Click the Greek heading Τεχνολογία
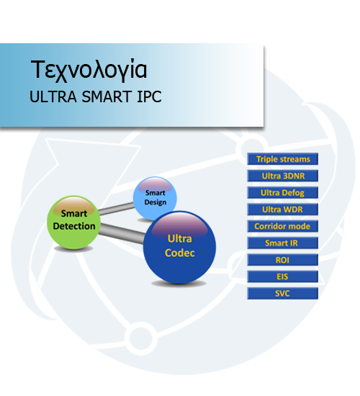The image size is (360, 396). click(89, 70)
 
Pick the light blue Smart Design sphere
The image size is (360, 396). click(155, 197)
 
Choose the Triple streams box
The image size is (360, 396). click(282, 159)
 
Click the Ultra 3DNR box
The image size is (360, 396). click(282, 176)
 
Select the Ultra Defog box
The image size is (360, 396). click(282, 193)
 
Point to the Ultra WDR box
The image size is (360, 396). click(282, 210)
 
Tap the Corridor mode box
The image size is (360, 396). click(282, 226)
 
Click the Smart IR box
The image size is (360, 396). click(282, 243)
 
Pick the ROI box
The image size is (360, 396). click(282, 260)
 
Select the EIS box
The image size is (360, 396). click(282, 276)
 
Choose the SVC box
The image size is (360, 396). click(282, 294)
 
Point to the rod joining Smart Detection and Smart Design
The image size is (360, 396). click(117, 209)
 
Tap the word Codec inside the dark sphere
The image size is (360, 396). click(179, 253)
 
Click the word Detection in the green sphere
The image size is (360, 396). click(74, 226)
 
